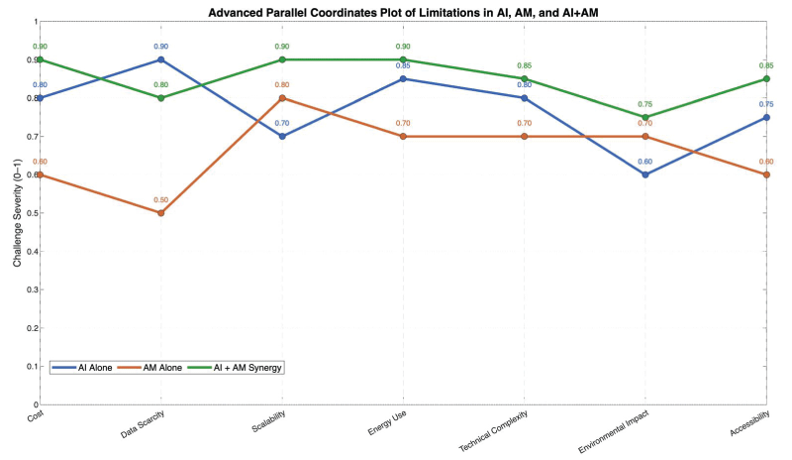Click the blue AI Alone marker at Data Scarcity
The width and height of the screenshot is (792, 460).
160,59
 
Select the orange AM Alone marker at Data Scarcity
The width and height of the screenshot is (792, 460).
160,213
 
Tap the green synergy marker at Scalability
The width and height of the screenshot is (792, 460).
282,59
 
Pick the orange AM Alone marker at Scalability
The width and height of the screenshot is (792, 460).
282,98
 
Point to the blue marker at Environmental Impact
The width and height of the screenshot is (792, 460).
645,174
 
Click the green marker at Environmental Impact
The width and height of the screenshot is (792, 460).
645,117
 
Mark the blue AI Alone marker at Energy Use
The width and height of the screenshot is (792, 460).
403,78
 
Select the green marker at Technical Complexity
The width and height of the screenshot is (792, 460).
525,78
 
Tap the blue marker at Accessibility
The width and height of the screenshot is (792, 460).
767,117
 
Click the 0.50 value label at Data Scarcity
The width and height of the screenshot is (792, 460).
160,200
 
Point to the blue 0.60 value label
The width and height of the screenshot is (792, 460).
645,162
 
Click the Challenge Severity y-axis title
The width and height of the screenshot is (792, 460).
18,212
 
